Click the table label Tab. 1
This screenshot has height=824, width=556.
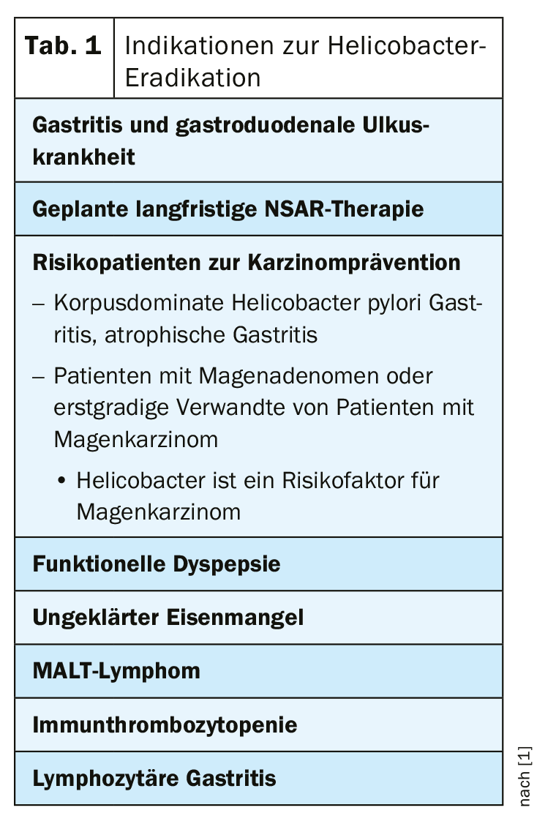coord(63,47)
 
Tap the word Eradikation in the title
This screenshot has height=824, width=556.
coord(192,78)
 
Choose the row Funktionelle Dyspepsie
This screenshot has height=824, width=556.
coord(156,564)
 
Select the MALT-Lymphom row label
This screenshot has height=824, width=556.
coord(116,671)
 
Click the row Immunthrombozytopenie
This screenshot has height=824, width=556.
coord(165,724)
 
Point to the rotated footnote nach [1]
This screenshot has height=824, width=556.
coord(525,776)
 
